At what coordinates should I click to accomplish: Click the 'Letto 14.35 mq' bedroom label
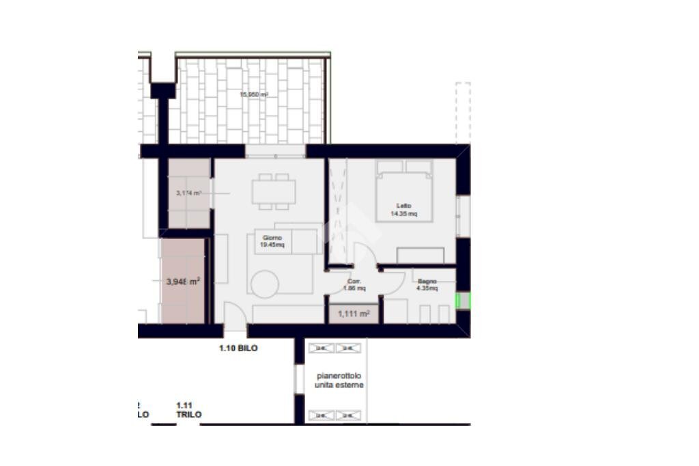[403, 209]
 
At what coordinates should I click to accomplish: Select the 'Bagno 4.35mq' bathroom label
[427, 284]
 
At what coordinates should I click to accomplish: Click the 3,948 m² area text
[183, 281]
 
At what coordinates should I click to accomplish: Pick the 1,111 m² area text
[354, 314]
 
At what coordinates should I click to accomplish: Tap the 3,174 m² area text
[188, 193]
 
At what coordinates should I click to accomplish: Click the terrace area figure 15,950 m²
[253, 95]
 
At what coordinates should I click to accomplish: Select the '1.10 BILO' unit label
[238, 348]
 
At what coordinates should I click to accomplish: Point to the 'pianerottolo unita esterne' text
[339, 381]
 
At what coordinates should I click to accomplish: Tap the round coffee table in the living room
[263, 284]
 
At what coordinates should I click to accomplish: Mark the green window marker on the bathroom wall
[463, 300]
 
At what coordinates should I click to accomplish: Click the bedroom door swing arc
[366, 254]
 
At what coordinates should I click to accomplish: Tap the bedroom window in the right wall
[463, 216]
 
